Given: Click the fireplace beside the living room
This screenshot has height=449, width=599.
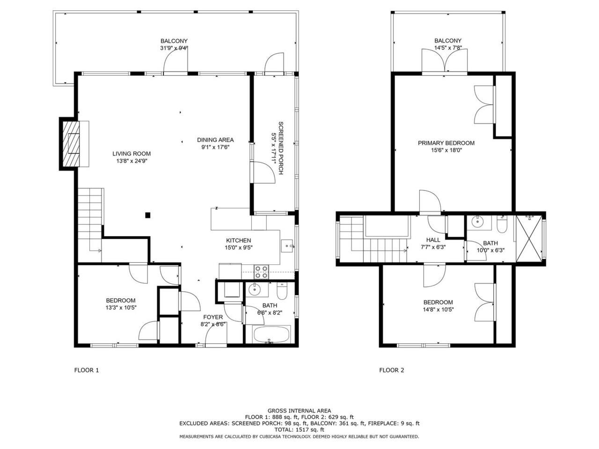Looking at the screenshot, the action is coord(71,144).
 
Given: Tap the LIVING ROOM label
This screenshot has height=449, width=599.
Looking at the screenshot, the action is coord(131,154).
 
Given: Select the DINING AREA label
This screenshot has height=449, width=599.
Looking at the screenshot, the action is coord(215,140).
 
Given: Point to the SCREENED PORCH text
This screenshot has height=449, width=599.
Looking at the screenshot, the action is coord(280,148).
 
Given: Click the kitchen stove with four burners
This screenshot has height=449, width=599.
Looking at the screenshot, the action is coord(261,272).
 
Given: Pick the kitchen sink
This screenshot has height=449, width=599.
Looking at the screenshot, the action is coord(287,246).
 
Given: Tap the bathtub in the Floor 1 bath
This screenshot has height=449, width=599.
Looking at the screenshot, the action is coord(271,334).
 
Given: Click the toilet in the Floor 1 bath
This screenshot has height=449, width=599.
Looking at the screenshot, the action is coord(282,291).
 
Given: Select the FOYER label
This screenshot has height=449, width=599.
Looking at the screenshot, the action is coord(213,317).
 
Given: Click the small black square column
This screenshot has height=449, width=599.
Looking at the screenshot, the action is coord(147,215).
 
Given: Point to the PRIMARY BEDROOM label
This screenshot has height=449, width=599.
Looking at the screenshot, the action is coord(446,143).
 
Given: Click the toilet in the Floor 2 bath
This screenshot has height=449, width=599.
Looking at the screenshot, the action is coord(502,224).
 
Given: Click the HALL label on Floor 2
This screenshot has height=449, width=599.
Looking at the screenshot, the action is coord(433,240).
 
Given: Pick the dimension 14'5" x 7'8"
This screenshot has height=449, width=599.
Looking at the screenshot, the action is coord(448,48).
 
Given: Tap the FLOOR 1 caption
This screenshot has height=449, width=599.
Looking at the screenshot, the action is coord(87,370).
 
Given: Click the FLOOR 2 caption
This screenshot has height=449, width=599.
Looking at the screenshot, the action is coord(392,370).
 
